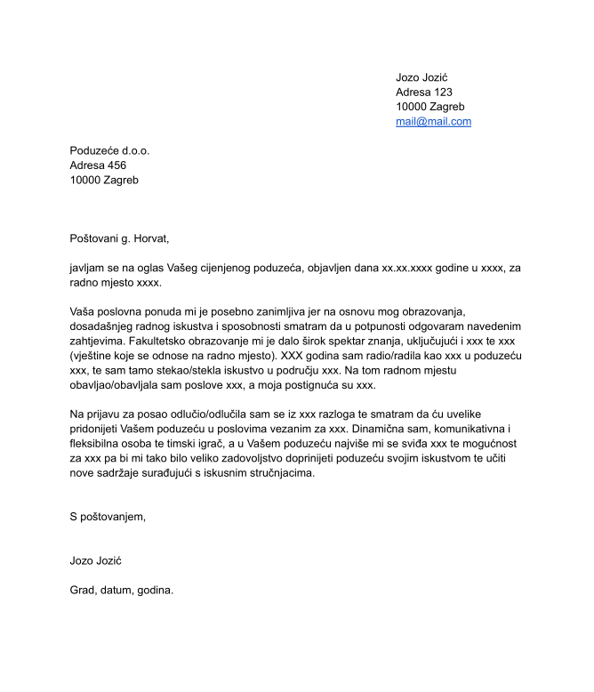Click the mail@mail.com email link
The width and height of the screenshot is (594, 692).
(x=433, y=122)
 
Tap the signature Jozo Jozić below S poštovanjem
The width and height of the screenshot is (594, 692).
(x=95, y=560)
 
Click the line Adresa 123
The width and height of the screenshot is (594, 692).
(x=424, y=93)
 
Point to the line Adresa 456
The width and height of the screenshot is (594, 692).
(x=98, y=165)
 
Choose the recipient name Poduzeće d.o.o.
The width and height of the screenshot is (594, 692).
(x=109, y=150)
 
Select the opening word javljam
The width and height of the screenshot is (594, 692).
(x=89, y=267)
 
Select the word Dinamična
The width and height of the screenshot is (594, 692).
(x=379, y=429)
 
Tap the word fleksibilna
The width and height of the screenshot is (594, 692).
(x=100, y=443)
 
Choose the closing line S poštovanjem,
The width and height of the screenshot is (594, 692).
(x=107, y=516)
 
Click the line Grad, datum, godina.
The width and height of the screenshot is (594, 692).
(x=122, y=590)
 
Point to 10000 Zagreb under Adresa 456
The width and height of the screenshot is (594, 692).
(x=104, y=180)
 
